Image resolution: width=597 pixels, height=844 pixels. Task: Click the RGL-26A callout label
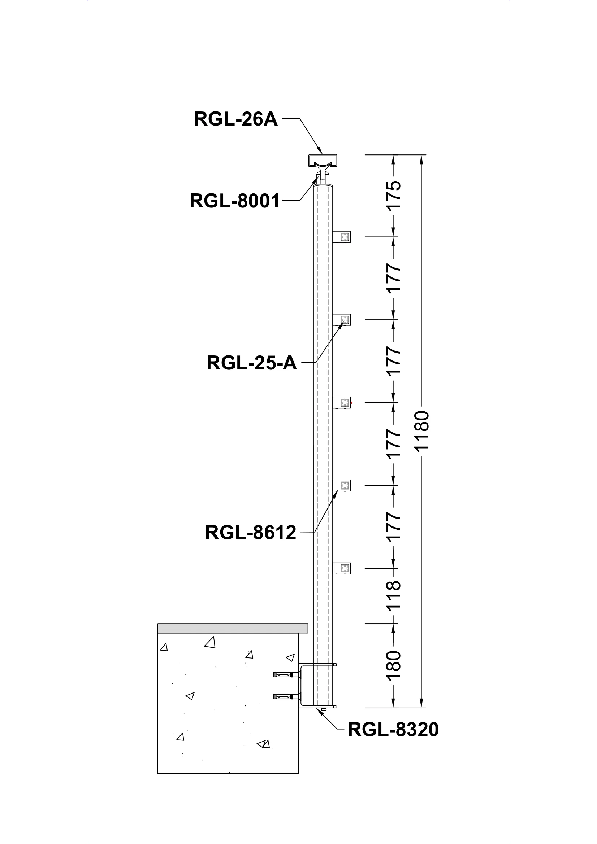235,119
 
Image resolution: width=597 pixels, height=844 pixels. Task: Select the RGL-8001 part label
235,201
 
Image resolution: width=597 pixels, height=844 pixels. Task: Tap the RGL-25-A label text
252,363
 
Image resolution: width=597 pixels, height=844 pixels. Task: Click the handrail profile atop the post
322,160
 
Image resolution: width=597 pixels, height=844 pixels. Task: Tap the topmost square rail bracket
342,237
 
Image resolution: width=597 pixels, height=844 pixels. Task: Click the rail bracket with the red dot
342,403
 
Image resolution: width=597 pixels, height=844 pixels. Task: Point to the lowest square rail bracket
342,568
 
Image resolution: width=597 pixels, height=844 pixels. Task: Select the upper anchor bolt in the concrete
286,674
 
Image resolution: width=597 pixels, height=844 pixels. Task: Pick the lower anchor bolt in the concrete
286,696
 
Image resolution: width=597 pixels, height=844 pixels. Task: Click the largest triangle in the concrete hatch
210,643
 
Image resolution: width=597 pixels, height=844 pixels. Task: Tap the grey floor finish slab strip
233,628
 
